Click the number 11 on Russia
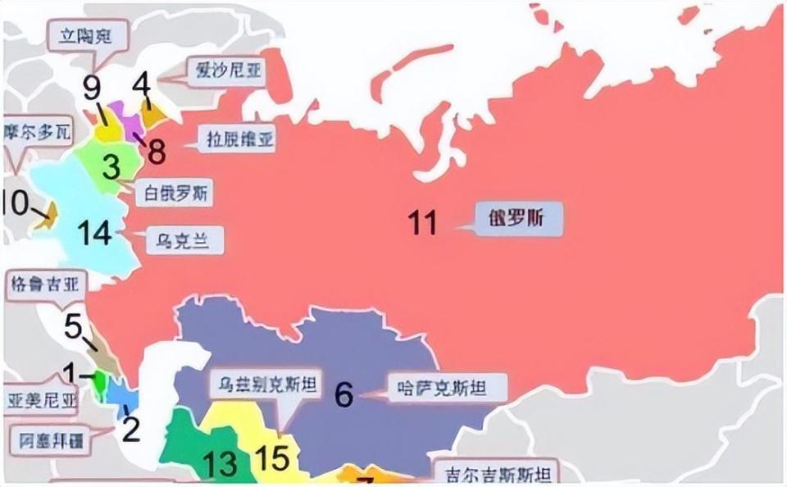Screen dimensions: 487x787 tap(423, 222)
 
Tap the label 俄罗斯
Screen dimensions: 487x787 tap(521, 219)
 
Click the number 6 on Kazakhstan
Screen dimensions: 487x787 tap(344, 395)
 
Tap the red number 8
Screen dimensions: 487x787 tap(157, 152)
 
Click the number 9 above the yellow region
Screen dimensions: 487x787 tap(91, 87)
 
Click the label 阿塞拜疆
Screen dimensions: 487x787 tap(52, 440)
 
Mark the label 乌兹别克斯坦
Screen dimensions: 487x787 tap(266, 384)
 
